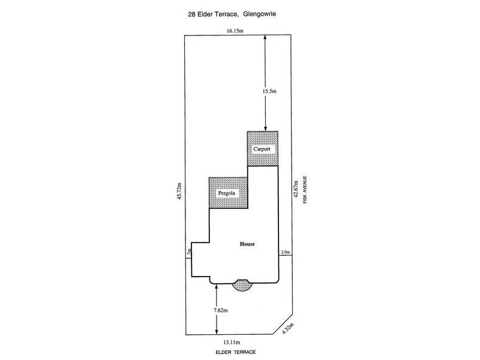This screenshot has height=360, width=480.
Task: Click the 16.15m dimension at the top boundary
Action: coord(235,31)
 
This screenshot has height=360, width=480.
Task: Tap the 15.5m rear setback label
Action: coord(269,91)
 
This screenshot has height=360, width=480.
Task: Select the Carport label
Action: coord(262,149)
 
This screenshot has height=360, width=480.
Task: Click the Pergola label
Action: coord(227,193)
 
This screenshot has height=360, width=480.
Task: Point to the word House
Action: coord(247,244)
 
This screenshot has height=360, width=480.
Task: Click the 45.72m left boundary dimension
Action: coord(179,191)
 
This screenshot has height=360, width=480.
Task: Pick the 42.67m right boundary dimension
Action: coord(296,190)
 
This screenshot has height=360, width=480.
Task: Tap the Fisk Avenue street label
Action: coord(305,190)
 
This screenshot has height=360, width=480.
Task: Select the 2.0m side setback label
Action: coord(286,252)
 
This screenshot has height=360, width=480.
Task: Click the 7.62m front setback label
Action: coord(221,310)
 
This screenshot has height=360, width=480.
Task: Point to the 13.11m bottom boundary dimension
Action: coord(232,342)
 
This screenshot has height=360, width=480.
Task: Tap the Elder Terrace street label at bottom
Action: coord(236,352)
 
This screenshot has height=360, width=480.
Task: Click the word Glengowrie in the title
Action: coord(260,14)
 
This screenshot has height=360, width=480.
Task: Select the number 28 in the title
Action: coord(191,14)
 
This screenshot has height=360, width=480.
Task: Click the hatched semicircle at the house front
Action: coord(242,285)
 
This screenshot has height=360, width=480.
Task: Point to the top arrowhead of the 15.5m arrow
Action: coord(265,37)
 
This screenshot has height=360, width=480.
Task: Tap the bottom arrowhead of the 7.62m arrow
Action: coord(217,332)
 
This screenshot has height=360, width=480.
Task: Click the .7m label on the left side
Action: coord(189,252)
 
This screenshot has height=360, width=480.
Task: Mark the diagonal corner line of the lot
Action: coord(282,323)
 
